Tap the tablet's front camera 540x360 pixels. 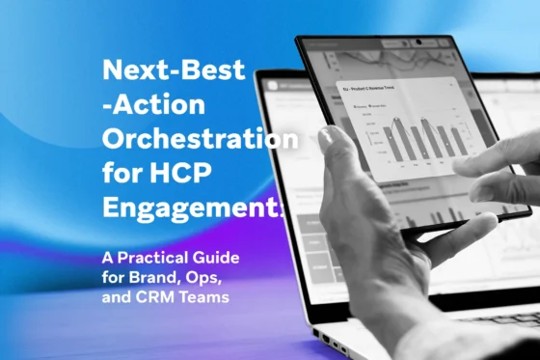point(417,42)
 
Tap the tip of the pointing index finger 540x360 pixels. point(455,163)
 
